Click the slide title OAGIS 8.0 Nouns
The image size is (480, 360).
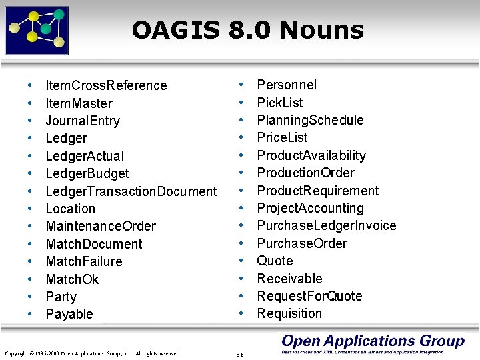[x=247, y=30]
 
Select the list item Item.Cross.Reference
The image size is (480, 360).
[x=105, y=85]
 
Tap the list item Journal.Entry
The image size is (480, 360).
[x=83, y=121]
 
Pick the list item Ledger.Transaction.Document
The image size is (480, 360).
[x=131, y=191]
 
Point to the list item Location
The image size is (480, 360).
[x=70, y=209]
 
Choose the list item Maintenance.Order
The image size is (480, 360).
[x=101, y=226]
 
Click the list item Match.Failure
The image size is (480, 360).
[x=83, y=261]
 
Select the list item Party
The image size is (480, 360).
[x=61, y=297]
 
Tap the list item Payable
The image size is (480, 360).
[x=69, y=314]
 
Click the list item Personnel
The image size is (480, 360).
[x=287, y=85]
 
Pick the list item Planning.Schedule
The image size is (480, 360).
[x=310, y=120]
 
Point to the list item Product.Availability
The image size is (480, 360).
[x=311, y=155]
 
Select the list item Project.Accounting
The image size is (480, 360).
[x=310, y=208]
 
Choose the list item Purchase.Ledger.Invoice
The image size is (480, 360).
[x=326, y=225]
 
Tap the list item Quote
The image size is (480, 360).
[x=275, y=261]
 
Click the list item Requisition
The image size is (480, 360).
[x=289, y=313]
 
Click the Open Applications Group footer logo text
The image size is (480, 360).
[x=373, y=341]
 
